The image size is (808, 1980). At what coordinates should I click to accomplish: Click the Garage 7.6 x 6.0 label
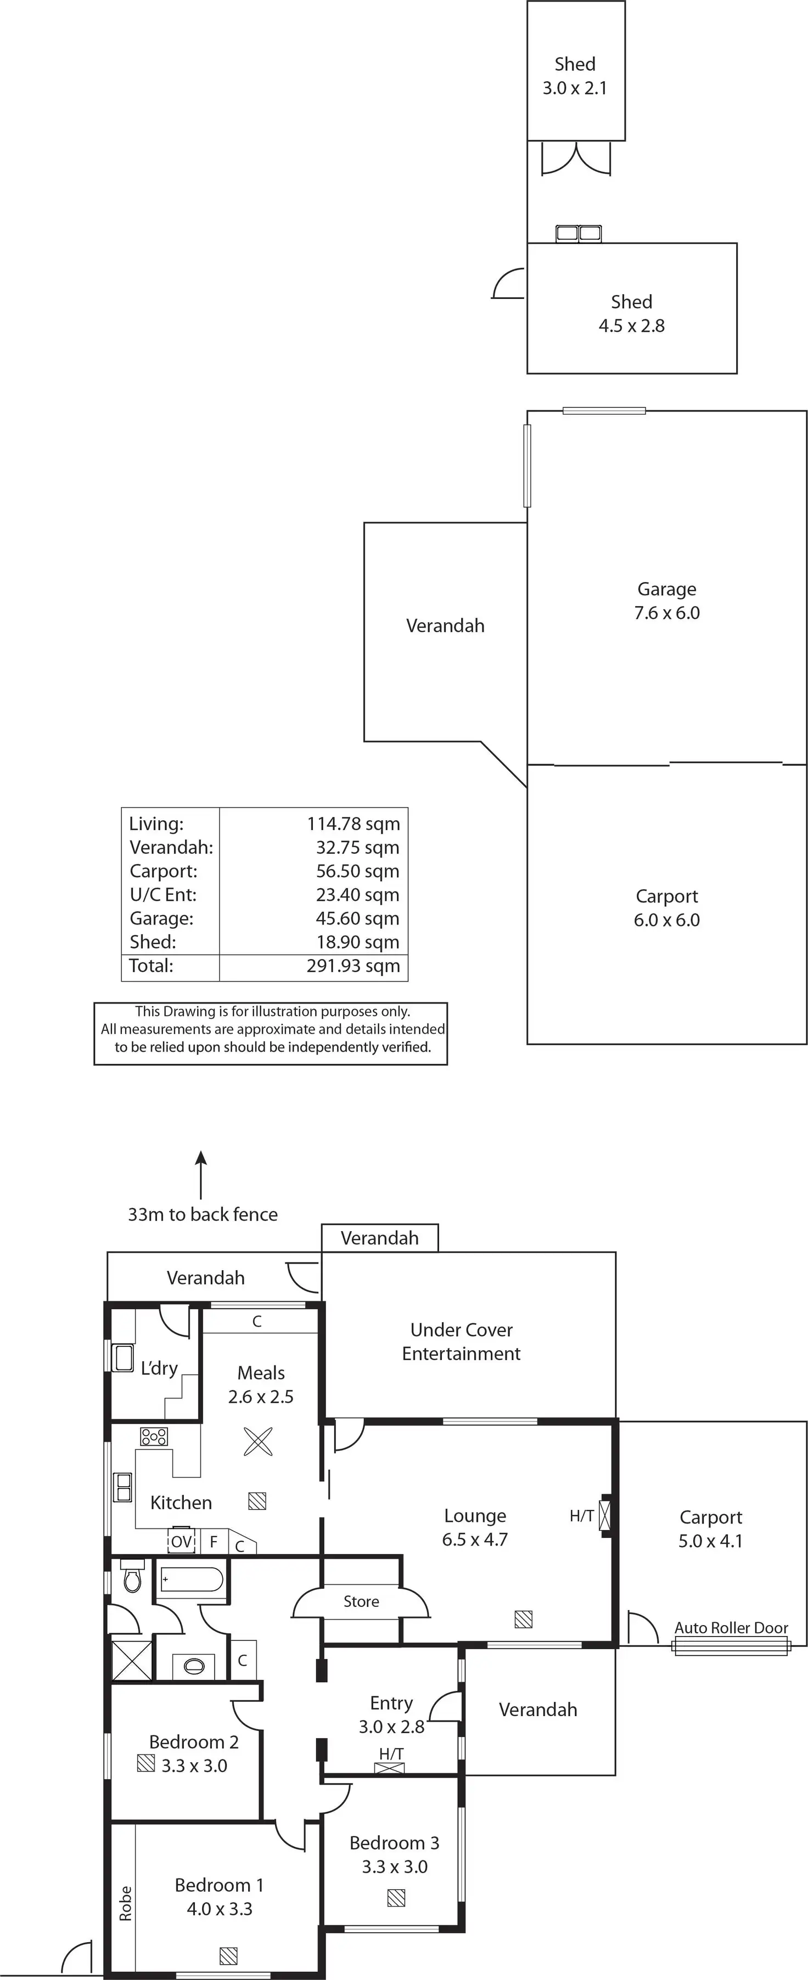(x=666, y=601)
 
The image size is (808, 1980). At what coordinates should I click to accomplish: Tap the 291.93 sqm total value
(x=353, y=966)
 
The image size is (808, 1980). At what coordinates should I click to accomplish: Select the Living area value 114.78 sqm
(x=353, y=824)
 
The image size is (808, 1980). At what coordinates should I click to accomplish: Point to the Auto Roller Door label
(x=731, y=1628)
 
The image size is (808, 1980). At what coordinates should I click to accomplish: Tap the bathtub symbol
(x=192, y=1580)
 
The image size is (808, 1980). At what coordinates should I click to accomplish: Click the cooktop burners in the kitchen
(x=154, y=1436)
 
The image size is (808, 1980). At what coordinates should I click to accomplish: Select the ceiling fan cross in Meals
(x=257, y=1441)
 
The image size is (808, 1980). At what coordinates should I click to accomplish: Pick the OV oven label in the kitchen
(x=182, y=1542)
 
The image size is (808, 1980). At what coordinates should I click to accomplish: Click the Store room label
(x=361, y=1601)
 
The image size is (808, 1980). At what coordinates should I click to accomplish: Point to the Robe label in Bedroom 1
(x=125, y=1904)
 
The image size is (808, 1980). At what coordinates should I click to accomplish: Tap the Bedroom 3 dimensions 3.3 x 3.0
(x=394, y=1866)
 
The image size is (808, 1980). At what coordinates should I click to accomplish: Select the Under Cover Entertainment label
(x=461, y=1341)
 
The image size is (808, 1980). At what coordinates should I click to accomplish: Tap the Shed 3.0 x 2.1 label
(x=575, y=76)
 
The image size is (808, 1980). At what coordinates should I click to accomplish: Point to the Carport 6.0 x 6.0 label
(x=666, y=908)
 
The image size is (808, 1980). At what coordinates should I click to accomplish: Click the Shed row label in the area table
(x=152, y=943)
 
